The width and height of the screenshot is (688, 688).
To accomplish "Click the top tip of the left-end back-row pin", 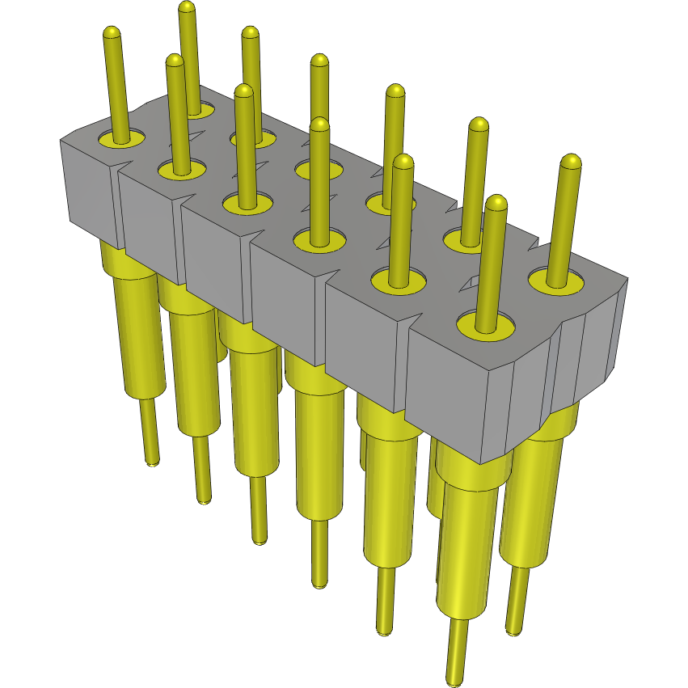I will [187, 7].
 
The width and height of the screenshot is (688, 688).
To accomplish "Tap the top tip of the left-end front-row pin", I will [112, 33].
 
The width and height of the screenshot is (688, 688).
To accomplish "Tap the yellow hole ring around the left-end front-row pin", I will [120, 140].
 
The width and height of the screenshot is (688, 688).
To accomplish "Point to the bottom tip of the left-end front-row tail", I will [151, 462].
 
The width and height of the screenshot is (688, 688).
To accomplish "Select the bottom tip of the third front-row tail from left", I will [258, 540].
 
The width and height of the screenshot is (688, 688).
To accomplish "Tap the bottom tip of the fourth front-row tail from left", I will [320, 583].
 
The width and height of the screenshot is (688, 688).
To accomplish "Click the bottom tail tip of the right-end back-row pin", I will [513, 631].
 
